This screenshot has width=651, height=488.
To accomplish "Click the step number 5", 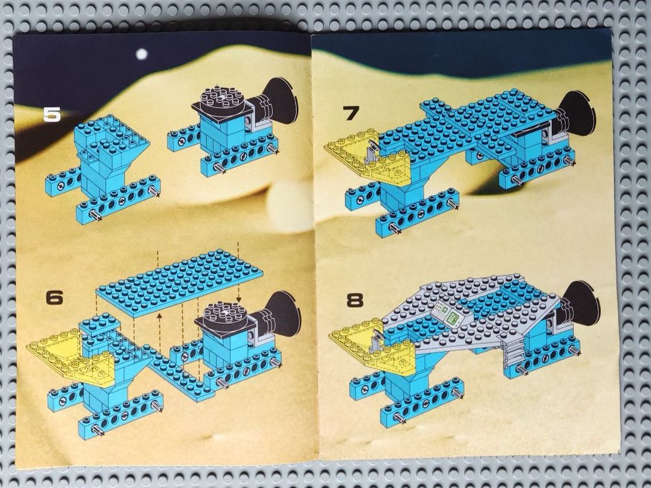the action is tap(52, 115).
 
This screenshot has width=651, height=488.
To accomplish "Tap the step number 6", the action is tap(55, 298).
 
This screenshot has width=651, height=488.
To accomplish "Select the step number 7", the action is tap(352, 113).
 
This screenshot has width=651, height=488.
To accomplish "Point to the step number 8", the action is tap(355, 301).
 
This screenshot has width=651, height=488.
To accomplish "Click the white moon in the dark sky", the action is tap(142, 54).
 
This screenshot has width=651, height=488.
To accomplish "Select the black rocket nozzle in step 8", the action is tap(580, 304).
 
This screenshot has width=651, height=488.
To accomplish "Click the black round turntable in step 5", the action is tap(222, 99).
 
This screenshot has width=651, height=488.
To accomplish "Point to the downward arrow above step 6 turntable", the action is tap(238, 271).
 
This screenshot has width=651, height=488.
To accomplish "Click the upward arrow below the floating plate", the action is tap(159, 333).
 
